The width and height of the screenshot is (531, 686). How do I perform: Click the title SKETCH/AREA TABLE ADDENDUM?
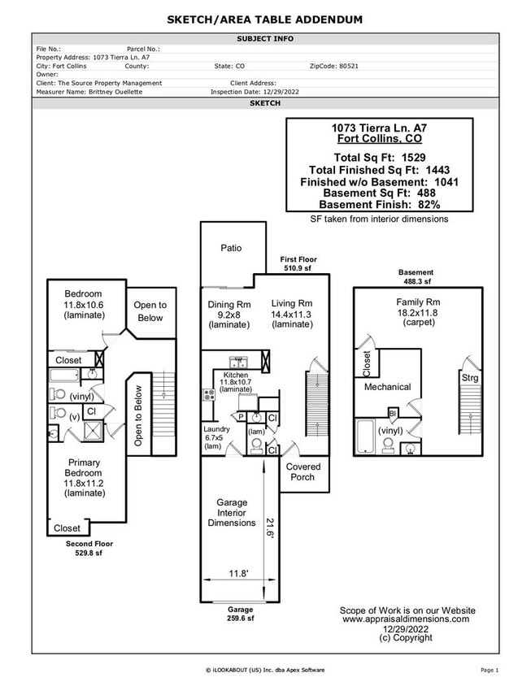(x=265, y=20)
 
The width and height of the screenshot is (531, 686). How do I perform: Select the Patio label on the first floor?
(x=231, y=248)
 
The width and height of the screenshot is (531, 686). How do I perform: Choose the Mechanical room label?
(x=387, y=387)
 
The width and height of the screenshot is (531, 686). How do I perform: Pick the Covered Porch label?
(x=303, y=471)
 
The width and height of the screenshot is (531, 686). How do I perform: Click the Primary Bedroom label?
(x=85, y=472)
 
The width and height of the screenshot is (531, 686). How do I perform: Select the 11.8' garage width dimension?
(x=237, y=574)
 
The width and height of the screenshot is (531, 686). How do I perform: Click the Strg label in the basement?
(x=470, y=378)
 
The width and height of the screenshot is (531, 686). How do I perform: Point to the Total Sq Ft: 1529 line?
(x=379, y=157)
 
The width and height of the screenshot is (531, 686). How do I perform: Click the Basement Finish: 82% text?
(x=379, y=205)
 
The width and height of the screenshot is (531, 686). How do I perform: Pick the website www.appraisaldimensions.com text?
(x=406, y=619)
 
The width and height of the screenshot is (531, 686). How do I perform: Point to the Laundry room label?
(x=217, y=437)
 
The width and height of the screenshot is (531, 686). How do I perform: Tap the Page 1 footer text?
(x=489, y=670)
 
